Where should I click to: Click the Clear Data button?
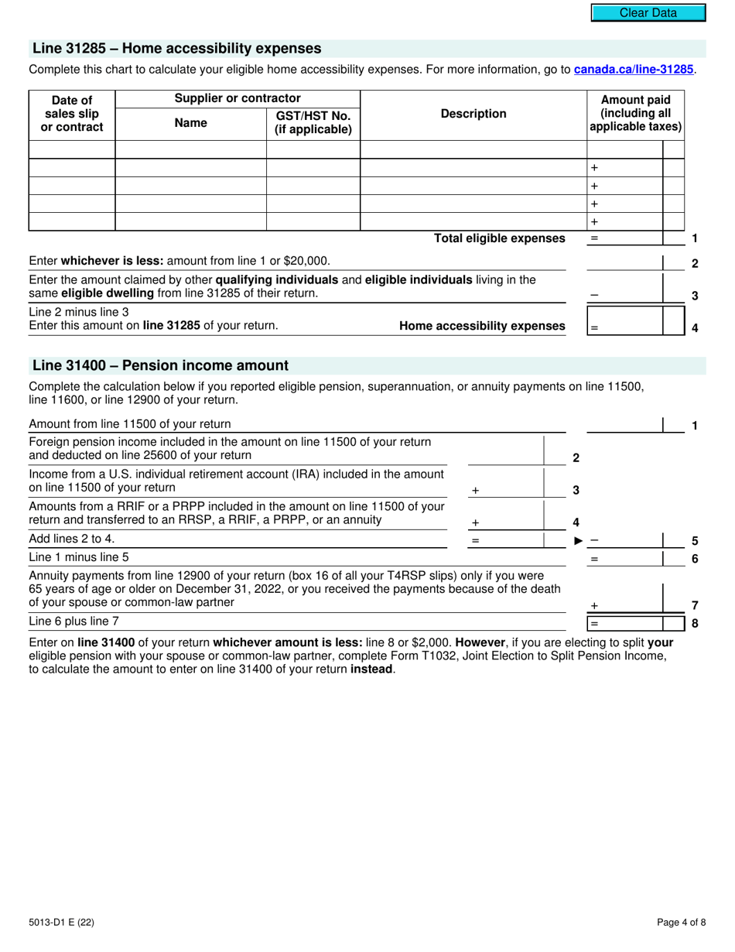[x=648, y=12]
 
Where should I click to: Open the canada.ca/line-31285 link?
[x=634, y=70]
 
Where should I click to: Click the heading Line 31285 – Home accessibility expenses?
[x=176, y=49]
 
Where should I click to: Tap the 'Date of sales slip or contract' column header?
[x=71, y=114]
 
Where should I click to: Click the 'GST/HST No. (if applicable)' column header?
[x=313, y=122]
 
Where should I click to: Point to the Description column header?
[x=473, y=114]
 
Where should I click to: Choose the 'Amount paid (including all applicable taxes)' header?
[x=635, y=114]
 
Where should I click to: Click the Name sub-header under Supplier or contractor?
[x=190, y=122]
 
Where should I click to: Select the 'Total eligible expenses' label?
[x=499, y=238]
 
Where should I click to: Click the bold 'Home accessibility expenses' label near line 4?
[x=482, y=326]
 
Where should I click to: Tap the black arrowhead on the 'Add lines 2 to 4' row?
[x=578, y=540]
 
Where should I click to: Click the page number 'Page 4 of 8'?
[x=681, y=922]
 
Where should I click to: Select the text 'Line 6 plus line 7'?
[x=74, y=621]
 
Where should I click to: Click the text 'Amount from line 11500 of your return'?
[x=129, y=424]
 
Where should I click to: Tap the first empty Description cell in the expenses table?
[x=473, y=149]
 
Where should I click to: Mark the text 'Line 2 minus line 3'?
[x=79, y=312]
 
